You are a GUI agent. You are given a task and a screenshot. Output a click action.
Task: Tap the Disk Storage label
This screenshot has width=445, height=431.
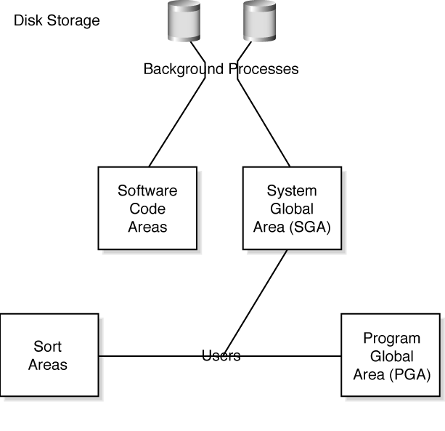[x=57, y=20]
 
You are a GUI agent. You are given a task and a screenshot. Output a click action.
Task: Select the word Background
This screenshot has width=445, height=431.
[x=184, y=70]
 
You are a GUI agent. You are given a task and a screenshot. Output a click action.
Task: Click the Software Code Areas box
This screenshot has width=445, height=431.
[x=147, y=209]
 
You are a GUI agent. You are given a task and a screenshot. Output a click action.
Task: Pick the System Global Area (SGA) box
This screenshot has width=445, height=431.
[x=292, y=209]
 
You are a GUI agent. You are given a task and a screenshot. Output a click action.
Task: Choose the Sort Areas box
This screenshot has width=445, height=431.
[x=49, y=355]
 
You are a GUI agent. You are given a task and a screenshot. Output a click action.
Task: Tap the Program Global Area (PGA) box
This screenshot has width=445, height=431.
[x=391, y=356]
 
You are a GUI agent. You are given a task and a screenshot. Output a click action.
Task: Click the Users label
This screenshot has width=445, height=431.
[x=221, y=356]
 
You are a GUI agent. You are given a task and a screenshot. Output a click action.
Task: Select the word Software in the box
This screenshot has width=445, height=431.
[x=147, y=191]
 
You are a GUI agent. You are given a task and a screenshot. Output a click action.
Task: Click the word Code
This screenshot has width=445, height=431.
[x=147, y=209]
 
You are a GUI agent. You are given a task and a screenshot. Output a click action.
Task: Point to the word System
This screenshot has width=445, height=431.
[x=292, y=191]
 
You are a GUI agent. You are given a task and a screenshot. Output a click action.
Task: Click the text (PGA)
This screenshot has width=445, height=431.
[x=411, y=375]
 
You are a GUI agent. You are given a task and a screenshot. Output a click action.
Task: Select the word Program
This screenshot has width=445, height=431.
[x=391, y=339]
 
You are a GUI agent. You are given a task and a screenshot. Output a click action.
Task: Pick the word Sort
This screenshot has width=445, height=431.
[x=48, y=346]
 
